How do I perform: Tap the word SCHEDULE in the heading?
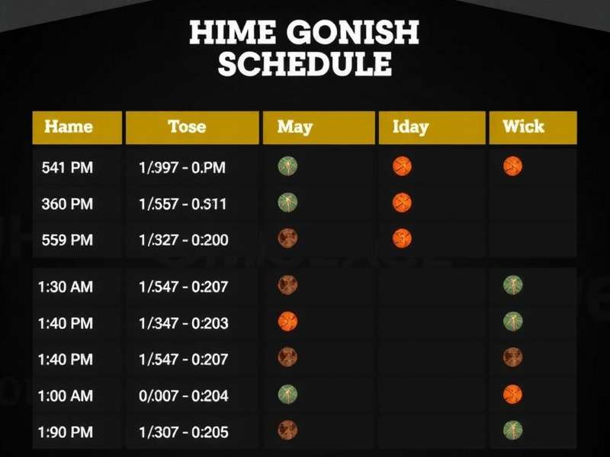coord(305,64)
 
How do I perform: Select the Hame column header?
coord(69,126)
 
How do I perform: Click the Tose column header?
coord(187,126)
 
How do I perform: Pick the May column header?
coord(295,126)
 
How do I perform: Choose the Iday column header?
coord(410,126)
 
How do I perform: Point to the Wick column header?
coord(524,126)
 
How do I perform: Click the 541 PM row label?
coord(67,167)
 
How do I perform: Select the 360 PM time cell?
coord(67,203)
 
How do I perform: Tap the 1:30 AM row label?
coord(66,287)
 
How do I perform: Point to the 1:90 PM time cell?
coord(66,432)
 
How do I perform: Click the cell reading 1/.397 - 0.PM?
coord(182,167)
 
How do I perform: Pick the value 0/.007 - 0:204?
coord(184,396)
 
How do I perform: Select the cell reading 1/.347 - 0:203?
coord(184,323)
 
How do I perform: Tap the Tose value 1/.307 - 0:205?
coord(184,432)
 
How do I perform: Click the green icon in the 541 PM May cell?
coord(288,165)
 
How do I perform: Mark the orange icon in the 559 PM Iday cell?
coord(402,238)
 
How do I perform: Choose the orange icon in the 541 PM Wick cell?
coord(513,165)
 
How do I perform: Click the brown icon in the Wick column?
coord(513,356)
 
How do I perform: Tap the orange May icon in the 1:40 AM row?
coord(288,321)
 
